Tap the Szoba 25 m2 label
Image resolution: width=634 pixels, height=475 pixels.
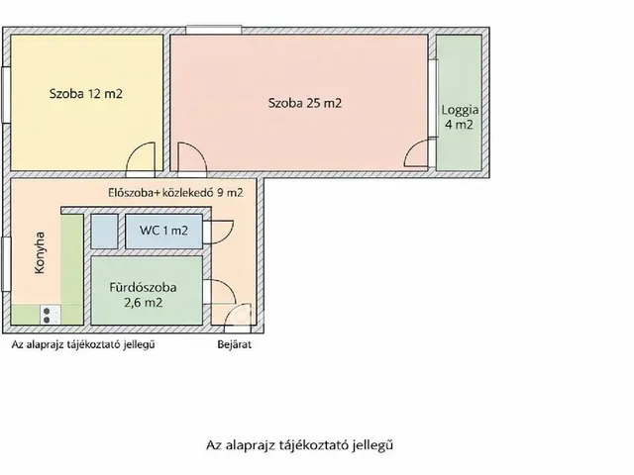point(304,102)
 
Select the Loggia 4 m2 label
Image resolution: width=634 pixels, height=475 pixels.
point(458,118)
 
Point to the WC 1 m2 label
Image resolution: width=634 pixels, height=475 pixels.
point(163,231)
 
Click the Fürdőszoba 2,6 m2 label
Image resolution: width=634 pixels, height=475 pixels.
point(143,295)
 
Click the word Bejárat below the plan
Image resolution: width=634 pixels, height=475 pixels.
point(235,345)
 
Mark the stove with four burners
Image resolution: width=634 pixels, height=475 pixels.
point(48,315)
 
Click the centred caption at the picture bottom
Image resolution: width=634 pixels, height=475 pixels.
point(307,445)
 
